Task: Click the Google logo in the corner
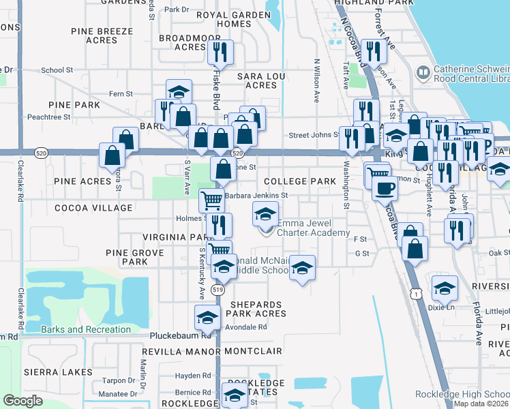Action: click(22, 401)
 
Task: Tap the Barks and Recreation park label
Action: click(85, 330)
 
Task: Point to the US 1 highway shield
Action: click(415, 293)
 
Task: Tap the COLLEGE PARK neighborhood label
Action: click(300, 181)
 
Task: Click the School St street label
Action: click(57, 70)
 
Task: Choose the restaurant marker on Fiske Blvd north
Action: click(220, 52)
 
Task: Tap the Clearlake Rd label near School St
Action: click(20, 184)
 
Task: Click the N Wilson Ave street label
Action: click(316, 80)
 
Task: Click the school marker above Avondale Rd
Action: click(207, 316)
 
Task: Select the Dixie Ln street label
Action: click(441, 307)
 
